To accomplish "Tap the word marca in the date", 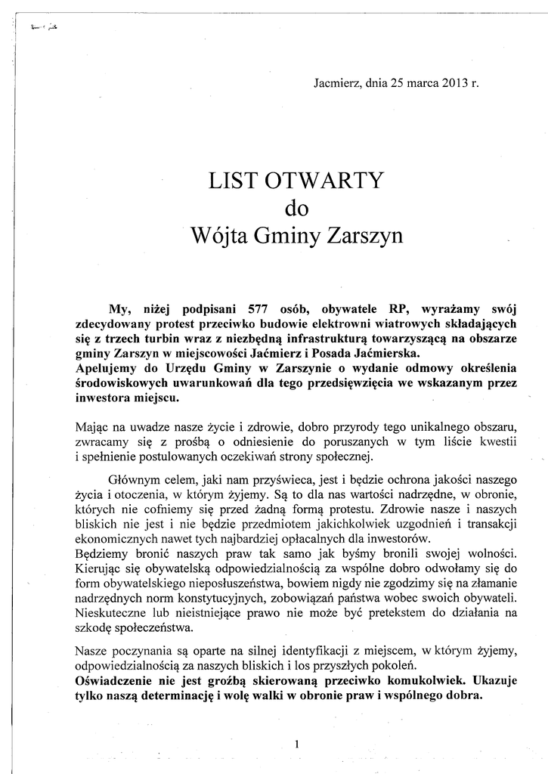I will coord(419,83).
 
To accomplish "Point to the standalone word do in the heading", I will coord(296,209).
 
